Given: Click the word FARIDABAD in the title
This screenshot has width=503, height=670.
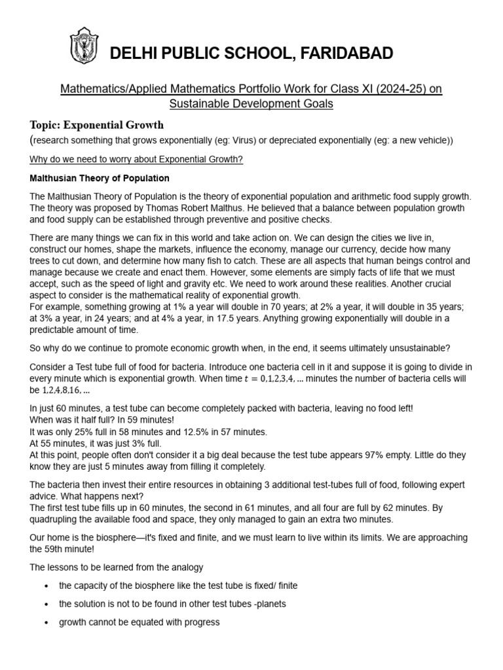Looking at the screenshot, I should coord(342,54).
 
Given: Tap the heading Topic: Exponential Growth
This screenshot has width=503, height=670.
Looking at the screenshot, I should coord(97,124).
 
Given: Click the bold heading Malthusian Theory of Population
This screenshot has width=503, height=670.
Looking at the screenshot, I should coord(100,178).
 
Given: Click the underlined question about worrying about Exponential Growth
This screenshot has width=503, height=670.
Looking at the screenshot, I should coord(138,160).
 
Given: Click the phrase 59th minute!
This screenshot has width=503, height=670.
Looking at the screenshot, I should coord(56,549).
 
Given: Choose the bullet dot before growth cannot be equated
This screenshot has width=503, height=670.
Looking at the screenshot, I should coord(46,622).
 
